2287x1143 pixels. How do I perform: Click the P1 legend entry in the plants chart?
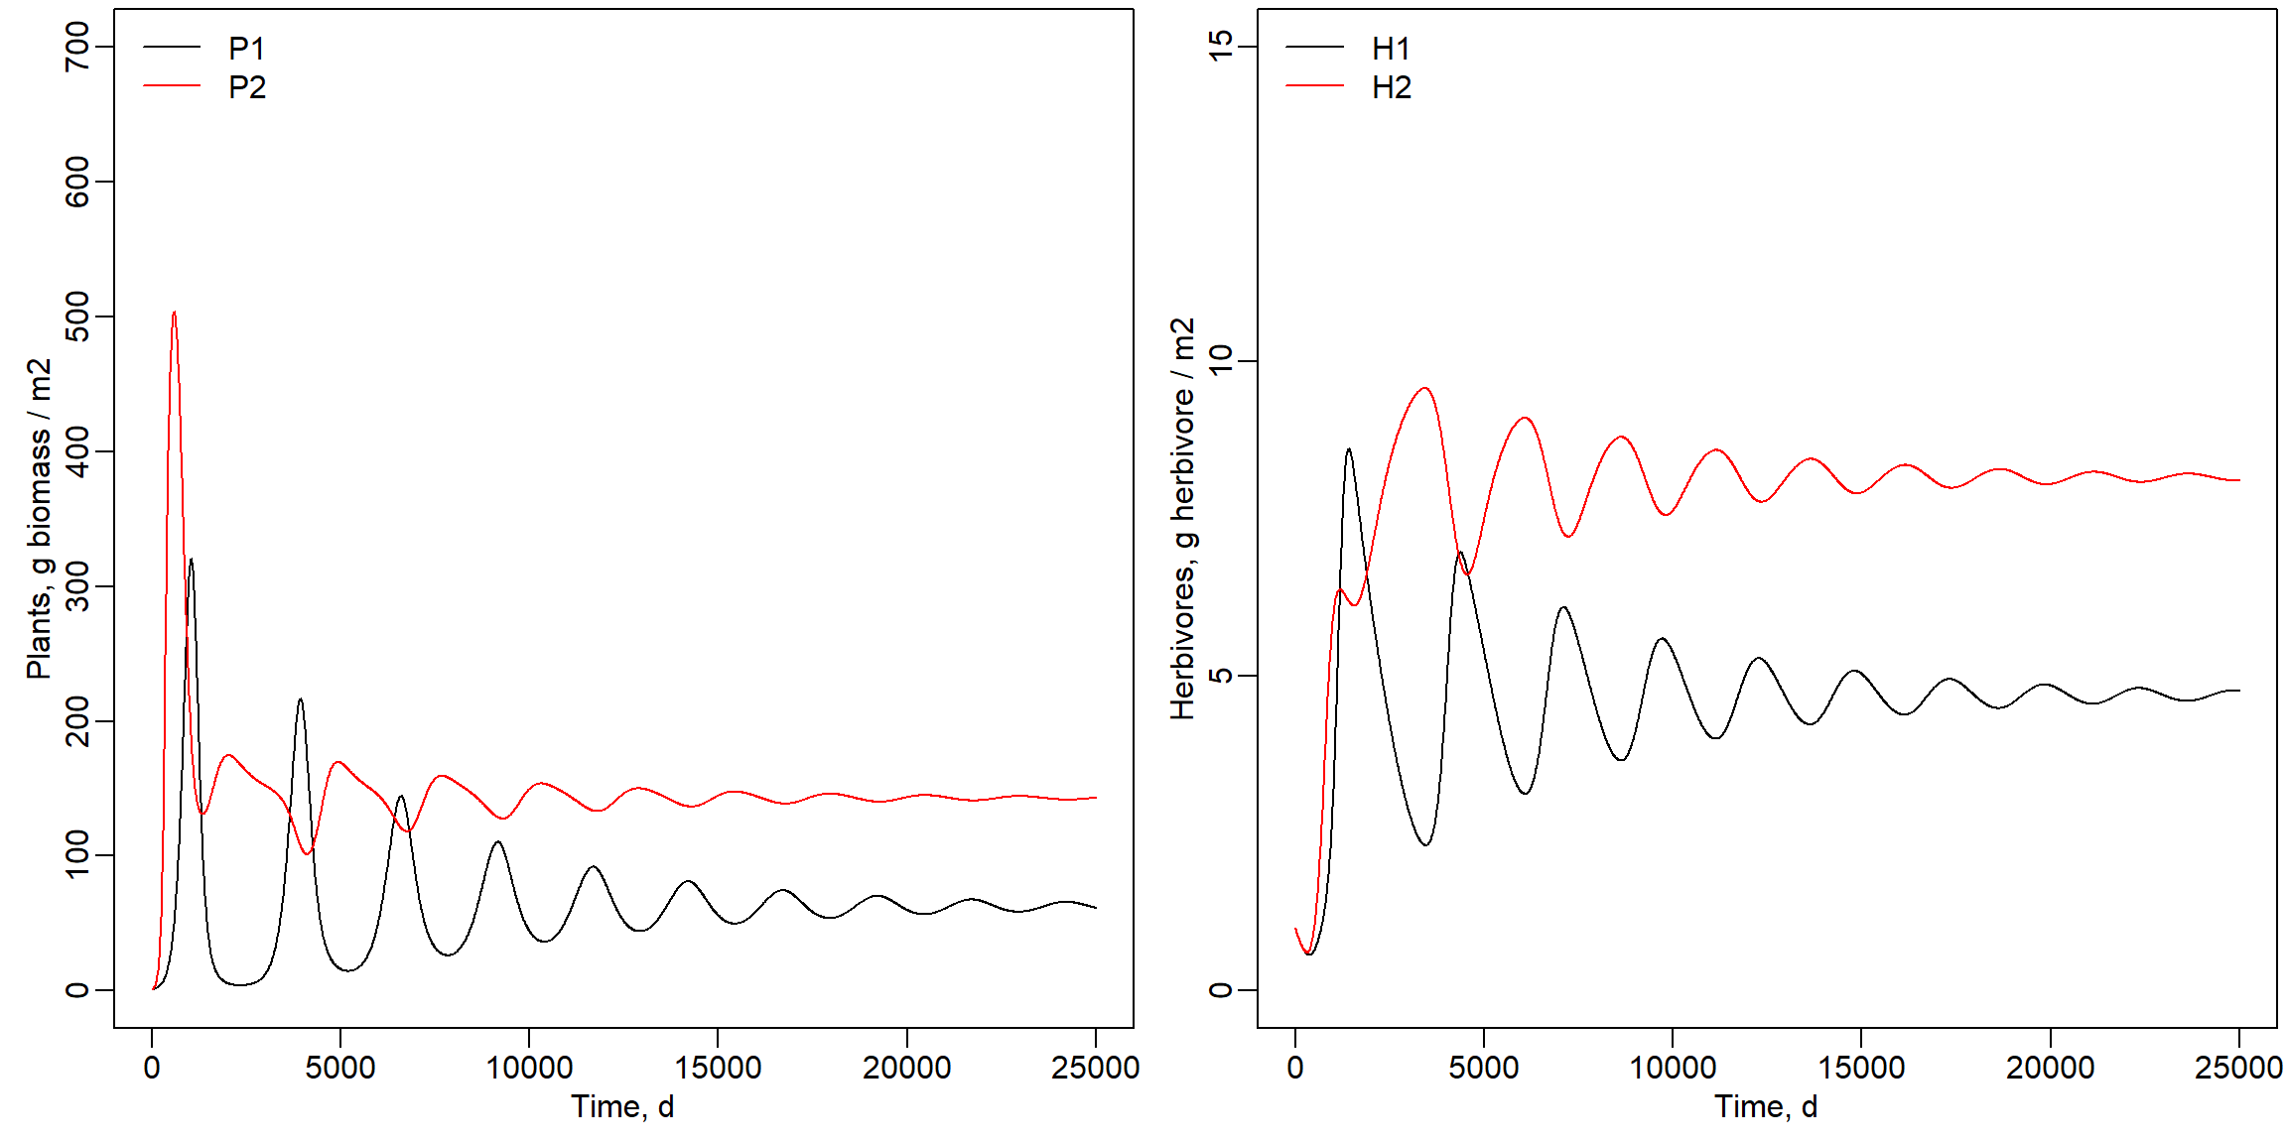point(246,48)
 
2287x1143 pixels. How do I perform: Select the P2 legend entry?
point(246,87)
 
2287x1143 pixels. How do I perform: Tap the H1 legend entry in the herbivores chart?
point(1391,48)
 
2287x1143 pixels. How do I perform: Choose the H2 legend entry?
point(1391,87)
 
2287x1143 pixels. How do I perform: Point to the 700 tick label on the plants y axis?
point(76,47)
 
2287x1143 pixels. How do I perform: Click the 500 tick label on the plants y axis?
point(76,317)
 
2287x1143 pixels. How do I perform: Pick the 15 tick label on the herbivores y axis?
point(1220,47)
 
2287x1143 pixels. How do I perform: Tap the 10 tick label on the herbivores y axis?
point(1220,360)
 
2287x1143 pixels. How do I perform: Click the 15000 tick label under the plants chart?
point(718,1068)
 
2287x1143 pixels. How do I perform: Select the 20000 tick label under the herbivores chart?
point(2050,1068)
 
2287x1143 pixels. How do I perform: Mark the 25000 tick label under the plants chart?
point(1095,1068)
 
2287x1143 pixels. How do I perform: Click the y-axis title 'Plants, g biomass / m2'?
point(39,518)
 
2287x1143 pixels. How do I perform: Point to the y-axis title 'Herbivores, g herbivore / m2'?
point(1182,518)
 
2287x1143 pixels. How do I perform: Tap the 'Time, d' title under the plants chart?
point(622,1106)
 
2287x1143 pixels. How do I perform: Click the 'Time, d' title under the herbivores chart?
point(1766,1106)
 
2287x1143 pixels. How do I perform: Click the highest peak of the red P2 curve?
point(174,313)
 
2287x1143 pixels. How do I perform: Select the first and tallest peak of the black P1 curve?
point(191,560)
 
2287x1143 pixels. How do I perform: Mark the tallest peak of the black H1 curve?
point(1348,449)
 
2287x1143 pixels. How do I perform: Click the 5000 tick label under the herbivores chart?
point(1483,1068)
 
